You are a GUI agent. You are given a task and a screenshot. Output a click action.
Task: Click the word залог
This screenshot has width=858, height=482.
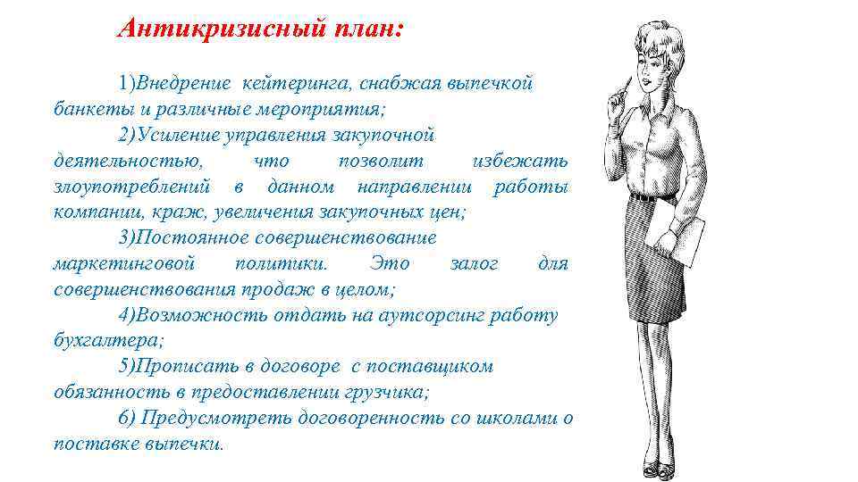click(x=475, y=264)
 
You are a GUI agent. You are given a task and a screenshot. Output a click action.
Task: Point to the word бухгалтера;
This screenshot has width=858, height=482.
click(x=109, y=341)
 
